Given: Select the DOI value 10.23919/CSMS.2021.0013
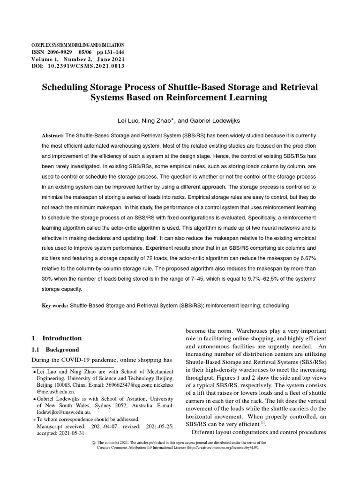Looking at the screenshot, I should point(85,67).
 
